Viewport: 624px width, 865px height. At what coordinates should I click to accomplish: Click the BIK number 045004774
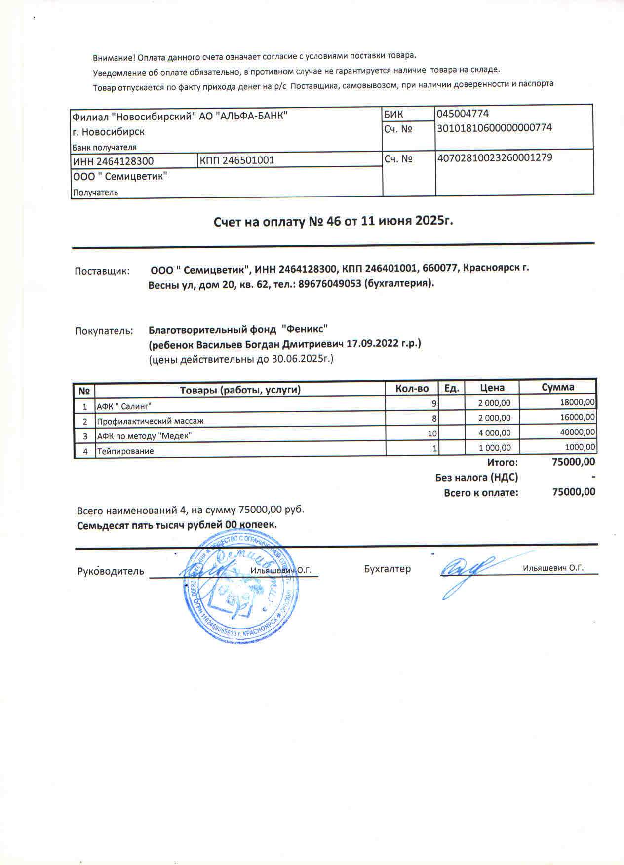pos(463,113)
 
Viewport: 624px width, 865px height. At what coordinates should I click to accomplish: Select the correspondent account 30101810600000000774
pos(494,128)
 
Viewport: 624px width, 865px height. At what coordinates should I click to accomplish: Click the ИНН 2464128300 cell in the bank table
pos(114,161)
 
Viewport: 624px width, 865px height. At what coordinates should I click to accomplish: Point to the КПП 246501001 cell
pos(237,160)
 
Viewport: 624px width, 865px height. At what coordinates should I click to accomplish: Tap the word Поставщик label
pos(102,271)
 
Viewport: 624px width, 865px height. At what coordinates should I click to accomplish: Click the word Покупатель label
pos(104,331)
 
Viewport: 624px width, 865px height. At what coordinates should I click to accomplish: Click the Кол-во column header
pos(412,389)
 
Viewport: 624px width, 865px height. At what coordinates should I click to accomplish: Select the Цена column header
pos(492,388)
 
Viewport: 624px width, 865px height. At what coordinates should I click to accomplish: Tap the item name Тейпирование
pos(125,451)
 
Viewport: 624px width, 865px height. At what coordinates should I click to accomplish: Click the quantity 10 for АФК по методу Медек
pos(432,433)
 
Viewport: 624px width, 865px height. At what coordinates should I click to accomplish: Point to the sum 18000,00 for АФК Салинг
pos(578,403)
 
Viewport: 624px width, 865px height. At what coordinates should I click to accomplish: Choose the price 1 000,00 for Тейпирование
pos(495,448)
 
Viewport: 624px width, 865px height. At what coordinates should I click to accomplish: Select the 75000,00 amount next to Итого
pos(573,462)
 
